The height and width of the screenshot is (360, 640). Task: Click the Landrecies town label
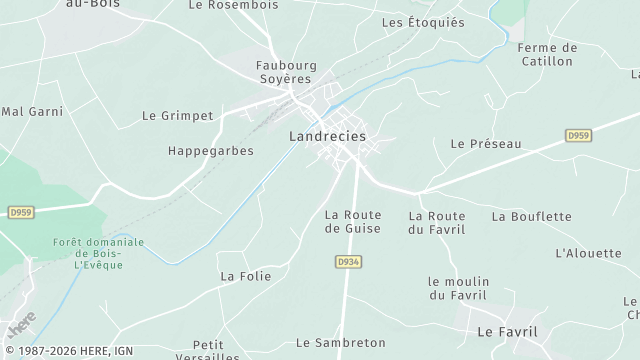click(327, 136)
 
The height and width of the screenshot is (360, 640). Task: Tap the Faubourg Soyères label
click(286, 73)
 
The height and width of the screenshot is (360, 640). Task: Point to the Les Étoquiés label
click(423, 22)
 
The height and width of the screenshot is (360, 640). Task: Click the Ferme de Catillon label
click(547, 54)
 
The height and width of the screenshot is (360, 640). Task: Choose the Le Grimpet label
click(178, 116)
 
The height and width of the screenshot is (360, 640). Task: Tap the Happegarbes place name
click(210, 151)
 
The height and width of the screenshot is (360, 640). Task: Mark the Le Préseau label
click(486, 144)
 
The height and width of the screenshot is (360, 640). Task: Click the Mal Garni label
click(33, 111)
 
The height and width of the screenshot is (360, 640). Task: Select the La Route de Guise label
click(353, 222)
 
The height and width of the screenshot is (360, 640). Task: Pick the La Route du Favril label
click(437, 222)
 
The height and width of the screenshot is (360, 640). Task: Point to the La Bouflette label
click(531, 216)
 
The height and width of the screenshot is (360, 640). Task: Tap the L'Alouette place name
click(588, 253)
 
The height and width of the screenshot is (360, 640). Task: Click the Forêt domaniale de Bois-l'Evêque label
click(98, 254)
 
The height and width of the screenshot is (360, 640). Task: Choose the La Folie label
click(245, 276)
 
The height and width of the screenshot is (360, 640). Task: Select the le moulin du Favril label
click(457, 288)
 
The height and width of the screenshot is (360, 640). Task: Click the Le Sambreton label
click(341, 343)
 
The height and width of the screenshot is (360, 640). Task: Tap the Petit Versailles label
click(209, 350)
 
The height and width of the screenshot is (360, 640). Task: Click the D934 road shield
click(346, 261)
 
